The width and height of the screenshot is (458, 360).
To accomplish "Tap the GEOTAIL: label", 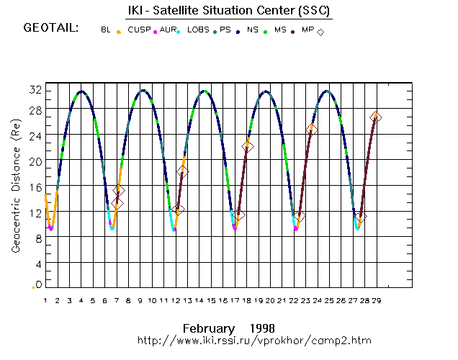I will (50, 29).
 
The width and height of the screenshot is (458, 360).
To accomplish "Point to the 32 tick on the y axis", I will (34, 89).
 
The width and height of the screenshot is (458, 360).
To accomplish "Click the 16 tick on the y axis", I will (34, 186).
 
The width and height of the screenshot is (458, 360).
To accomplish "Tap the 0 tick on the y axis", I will (37, 285).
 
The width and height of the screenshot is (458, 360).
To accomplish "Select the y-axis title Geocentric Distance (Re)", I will (16, 186).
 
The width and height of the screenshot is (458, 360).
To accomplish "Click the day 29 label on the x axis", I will (377, 300).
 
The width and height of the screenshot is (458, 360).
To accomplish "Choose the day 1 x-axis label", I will (45, 300).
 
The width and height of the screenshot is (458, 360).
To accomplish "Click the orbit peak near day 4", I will (81, 91).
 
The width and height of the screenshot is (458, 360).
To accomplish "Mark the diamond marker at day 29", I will (376, 117).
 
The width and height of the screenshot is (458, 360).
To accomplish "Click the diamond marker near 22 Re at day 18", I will (248, 146).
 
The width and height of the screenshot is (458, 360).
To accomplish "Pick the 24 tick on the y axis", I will (34, 135).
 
